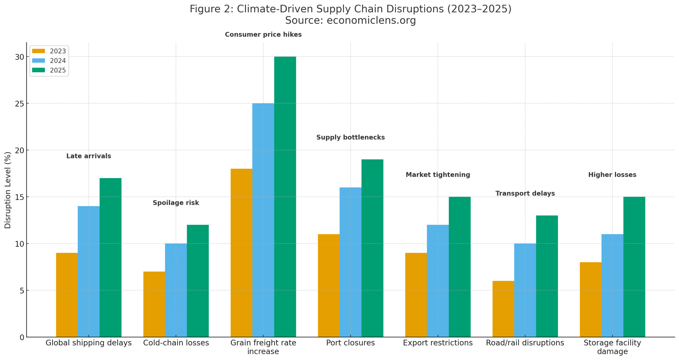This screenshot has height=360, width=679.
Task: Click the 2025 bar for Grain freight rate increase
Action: (x=285, y=196)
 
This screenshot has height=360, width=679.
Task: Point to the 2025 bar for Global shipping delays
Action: (x=110, y=257)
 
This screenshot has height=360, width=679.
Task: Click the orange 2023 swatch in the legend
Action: (x=38, y=51)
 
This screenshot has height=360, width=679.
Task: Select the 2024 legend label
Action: (x=58, y=61)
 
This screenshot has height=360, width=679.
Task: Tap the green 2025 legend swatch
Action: (x=38, y=70)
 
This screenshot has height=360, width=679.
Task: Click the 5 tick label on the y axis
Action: (x=21, y=290)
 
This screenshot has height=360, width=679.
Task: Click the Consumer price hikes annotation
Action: (x=263, y=34)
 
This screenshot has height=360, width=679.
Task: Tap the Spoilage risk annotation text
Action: (x=176, y=203)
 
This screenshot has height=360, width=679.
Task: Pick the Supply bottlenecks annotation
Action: (x=350, y=137)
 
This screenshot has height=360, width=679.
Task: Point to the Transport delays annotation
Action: (x=525, y=193)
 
